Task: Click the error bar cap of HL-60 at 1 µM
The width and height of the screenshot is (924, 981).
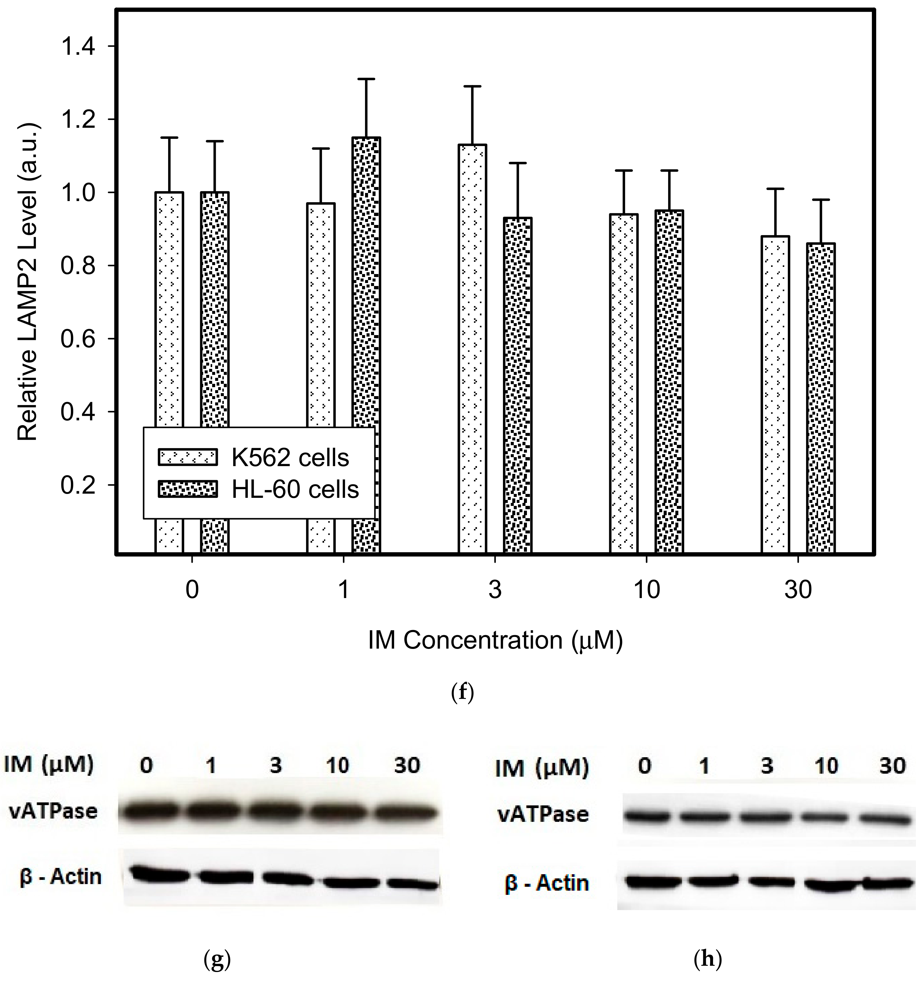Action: [x=366, y=79]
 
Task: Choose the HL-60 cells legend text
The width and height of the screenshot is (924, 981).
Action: [x=295, y=489]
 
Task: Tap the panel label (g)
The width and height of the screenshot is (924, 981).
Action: [x=217, y=960]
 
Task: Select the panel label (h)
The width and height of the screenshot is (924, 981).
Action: [x=707, y=960]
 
